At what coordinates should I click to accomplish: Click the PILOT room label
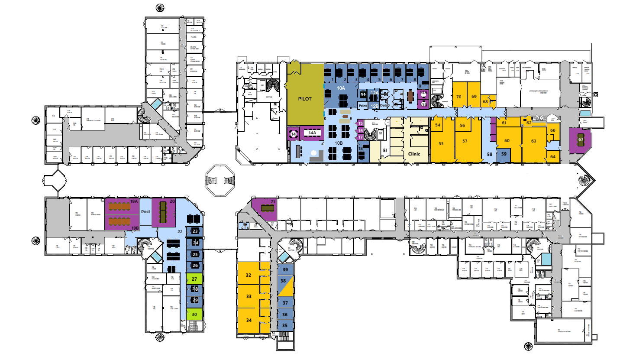pos(305,99)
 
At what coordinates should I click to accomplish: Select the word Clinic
pos(414,153)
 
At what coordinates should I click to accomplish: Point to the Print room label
pos(363,106)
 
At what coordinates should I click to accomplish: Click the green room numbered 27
pos(195,279)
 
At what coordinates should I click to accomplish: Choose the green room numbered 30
pos(195,315)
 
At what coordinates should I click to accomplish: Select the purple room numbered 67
pos(581,139)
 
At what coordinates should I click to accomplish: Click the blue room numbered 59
pos(504,153)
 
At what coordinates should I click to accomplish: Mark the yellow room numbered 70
pos(459,97)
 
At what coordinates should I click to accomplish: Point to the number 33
pos(249,297)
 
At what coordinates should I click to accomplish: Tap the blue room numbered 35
pos(285,325)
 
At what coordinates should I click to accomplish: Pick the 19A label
pos(134,201)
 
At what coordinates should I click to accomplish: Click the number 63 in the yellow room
pos(533,141)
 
